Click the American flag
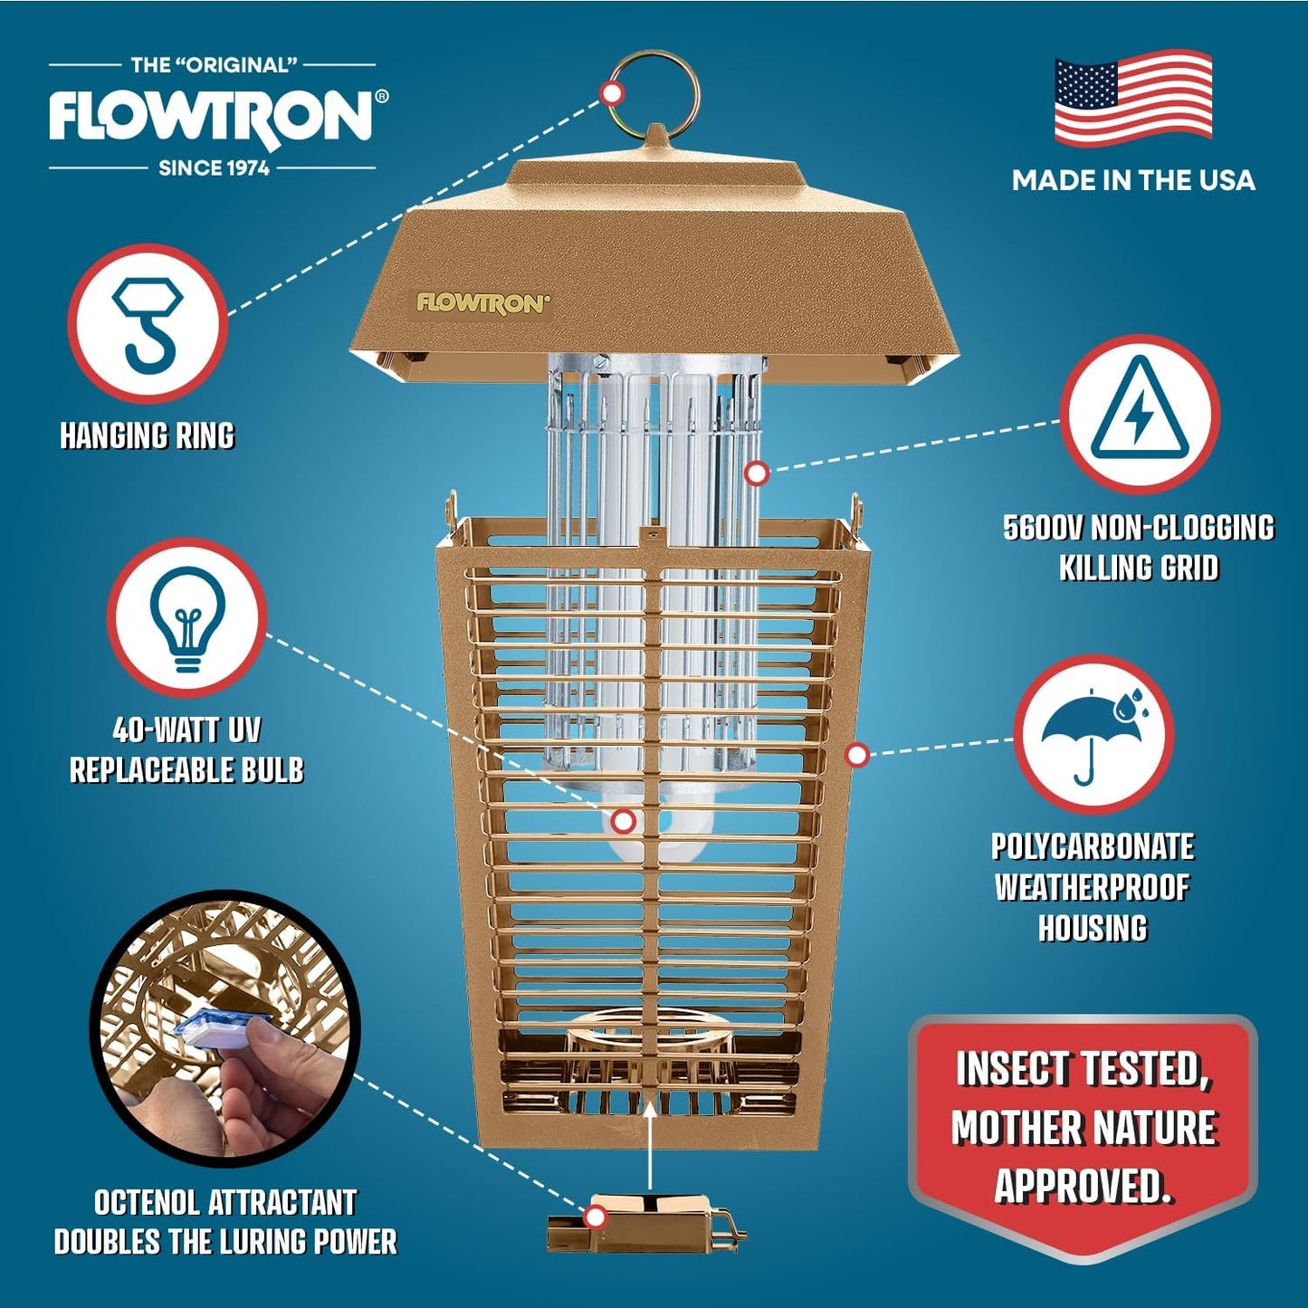1132,99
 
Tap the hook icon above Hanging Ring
147,323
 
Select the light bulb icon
187,618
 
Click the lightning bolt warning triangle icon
1139,413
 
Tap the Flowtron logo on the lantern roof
482,303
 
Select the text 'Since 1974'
214,168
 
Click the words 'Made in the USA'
1133,180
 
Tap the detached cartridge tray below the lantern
644,1222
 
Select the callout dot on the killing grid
757,473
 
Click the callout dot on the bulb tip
624,821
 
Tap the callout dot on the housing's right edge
856,754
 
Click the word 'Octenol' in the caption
147,1203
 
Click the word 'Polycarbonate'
1093,847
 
